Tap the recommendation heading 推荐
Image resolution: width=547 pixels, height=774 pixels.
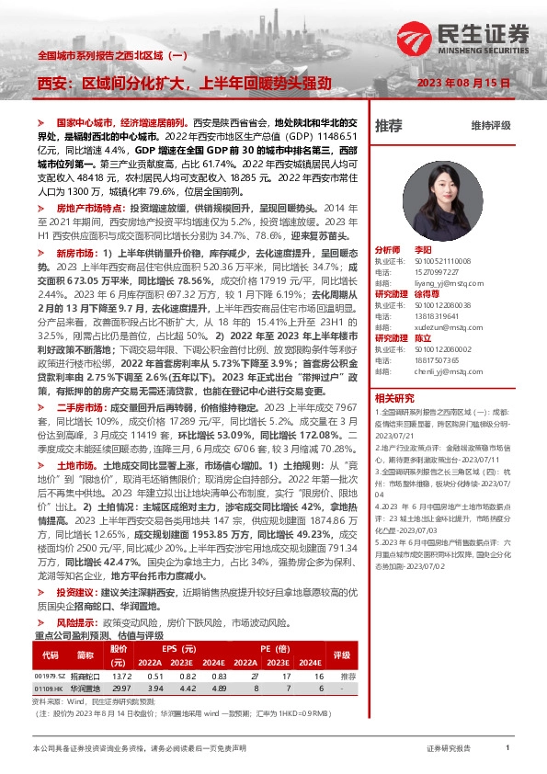pos(389,125)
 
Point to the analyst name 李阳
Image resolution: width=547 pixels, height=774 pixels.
pos(422,249)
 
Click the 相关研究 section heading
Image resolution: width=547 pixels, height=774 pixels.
pos(395,397)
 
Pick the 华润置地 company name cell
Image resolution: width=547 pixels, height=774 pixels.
pos(87,687)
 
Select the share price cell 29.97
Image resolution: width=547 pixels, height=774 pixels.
pos(120,687)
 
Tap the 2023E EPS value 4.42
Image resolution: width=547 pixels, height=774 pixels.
pos(188,687)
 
